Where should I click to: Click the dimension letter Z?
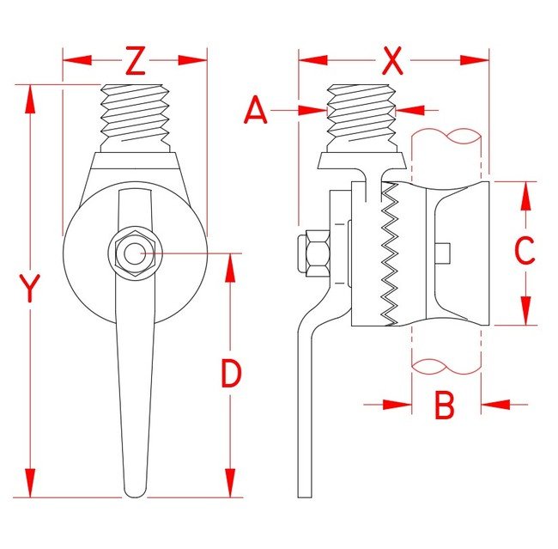[x=136, y=61]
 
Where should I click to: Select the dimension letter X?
[x=392, y=61]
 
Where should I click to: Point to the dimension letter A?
[x=256, y=111]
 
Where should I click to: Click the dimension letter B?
[x=444, y=405]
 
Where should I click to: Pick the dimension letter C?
[x=525, y=250]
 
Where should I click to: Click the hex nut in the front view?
[x=133, y=253]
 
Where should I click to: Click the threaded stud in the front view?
[x=135, y=116]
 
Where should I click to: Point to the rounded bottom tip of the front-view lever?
[x=135, y=491]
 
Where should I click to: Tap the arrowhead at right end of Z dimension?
[x=194, y=61]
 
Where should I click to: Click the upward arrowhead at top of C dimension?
[x=525, y=194]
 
